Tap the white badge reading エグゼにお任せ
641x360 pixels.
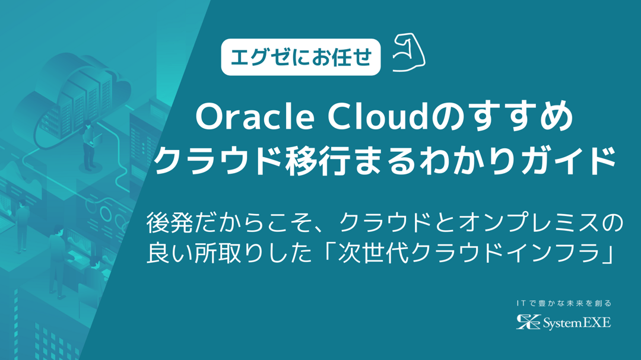tap(301, 57)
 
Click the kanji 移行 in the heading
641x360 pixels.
tap(317, 161)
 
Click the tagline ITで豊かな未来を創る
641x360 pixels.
tap(564, 303)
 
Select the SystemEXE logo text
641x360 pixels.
tap(577, 323)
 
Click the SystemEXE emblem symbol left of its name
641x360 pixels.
tap(528, 322)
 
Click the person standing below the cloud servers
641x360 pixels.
tap(89, 146)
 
